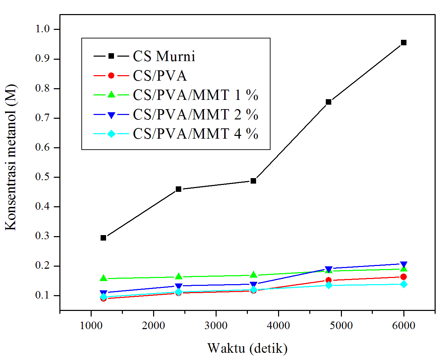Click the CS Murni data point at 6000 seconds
pos(404,43)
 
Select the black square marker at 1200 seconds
pos(103,238)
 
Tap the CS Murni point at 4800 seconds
pos(329,102)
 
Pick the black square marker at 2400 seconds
pos(179,189)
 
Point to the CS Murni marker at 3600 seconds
pos(253,181)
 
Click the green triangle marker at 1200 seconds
pos(103,278)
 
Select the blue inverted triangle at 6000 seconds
pos(404,265)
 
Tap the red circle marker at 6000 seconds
pos(404,277)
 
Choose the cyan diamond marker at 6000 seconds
pos(404,284)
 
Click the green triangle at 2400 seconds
pos(179,276)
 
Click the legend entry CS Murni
pos(164,56)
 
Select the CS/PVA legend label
pos(160,76)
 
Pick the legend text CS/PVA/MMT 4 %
pos(196,134)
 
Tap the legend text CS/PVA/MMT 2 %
pos(196,115)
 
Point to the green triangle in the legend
pos(111,95)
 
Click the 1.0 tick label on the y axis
pos(43,29)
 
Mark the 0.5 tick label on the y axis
pos(43,177)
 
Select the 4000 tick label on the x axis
pos(278,325)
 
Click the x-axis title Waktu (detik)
pos(247,348)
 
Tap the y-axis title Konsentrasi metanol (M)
pos(11,157)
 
